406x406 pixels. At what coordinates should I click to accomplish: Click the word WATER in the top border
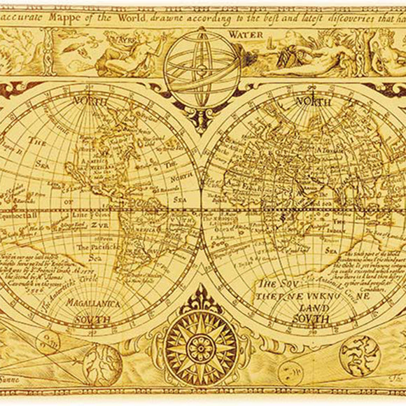[x=245, y=33]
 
